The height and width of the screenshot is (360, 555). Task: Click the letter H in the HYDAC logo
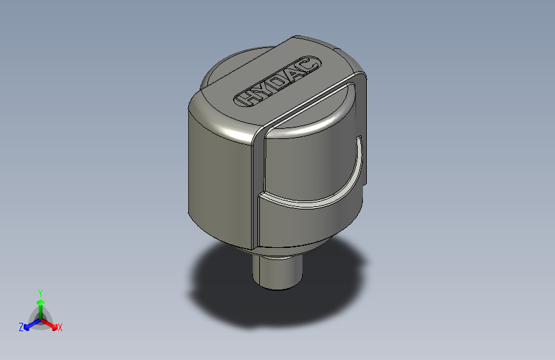(246, 99)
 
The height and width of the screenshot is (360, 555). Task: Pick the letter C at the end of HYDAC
(309, 65)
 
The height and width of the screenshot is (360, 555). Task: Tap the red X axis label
(60, 327)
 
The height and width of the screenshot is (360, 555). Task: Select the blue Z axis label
(21, 327)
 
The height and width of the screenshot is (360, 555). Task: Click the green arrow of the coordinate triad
(40, 304)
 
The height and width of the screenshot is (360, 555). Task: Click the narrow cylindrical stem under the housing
(277, 272)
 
